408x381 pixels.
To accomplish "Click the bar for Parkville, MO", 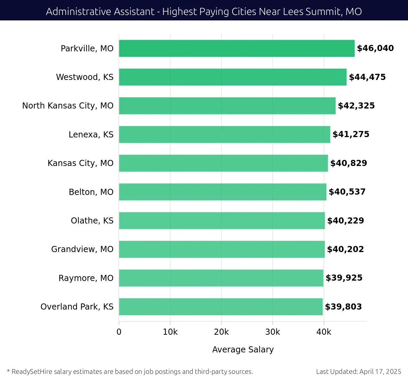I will coord(237,48).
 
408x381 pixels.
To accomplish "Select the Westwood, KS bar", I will coord(233,77).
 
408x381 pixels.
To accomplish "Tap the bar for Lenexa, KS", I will coord(224,134).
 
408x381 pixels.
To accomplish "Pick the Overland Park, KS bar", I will coord(221,307).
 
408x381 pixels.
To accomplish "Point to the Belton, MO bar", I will coord(223,192).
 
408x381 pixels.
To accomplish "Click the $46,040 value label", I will coord(375,48).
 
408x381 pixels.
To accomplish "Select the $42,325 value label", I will coord(356,106).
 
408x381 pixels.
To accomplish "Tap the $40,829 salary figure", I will coord(348,163).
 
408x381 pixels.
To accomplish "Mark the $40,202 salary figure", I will coord(345,249).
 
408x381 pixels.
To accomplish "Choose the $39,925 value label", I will coord(344,278).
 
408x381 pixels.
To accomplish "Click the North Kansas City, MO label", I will coord(68,106).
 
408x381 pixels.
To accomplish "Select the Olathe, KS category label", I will coord(92,221).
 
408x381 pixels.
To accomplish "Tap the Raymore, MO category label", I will coord(86,278).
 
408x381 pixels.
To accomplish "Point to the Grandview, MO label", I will coord(82,249).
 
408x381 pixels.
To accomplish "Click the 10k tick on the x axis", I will coord(170,332).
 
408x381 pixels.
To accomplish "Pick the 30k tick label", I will coord(273,332).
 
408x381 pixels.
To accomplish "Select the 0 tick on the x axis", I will coord(119,332).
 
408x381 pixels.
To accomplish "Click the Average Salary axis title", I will coord(243,349).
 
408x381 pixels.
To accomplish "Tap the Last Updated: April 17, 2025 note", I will coord(358,371).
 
